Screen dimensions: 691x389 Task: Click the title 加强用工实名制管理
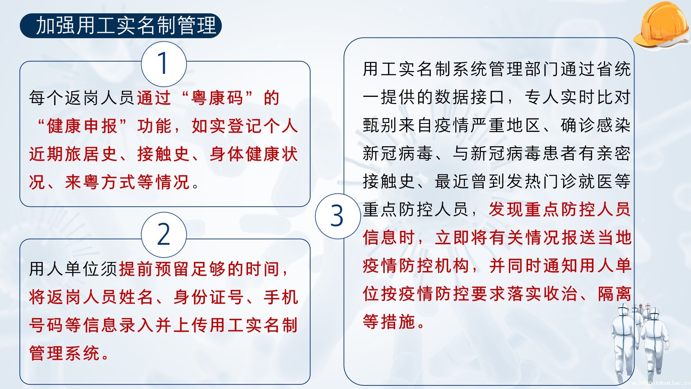[126, 26]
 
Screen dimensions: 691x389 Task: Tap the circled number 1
[164, 64]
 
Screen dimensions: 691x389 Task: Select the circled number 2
[164, 234]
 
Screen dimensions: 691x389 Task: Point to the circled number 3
[338, 216]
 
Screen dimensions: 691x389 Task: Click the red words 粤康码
[217, 98]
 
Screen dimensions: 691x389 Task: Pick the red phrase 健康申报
[82, 126]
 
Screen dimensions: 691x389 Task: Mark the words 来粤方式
[100, 182]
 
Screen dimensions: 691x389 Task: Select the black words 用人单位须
[73, 269]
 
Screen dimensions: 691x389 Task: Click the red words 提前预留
[154, 269]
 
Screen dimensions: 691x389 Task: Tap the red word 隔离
[614, 294]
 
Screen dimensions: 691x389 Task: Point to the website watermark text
[661, 383]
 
